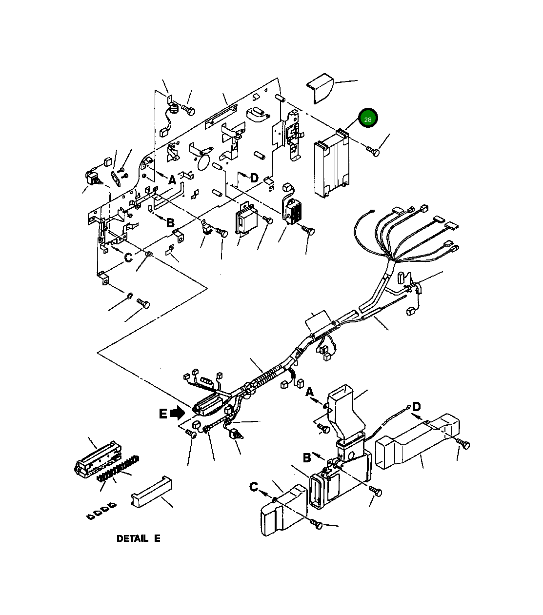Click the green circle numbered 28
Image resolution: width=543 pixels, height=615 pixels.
coord(368,118)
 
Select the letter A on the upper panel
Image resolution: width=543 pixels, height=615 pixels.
coord(172,180)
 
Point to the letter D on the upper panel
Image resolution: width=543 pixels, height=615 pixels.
coord(254,178)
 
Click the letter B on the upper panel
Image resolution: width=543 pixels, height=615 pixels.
coord(170,223)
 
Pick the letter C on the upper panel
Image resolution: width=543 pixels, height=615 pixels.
coord(128,258)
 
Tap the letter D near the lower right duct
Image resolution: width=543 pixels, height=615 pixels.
coord(416,406)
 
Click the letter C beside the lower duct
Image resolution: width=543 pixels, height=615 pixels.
coord(254,487)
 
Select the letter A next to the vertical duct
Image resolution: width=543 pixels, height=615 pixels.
coord(309,392)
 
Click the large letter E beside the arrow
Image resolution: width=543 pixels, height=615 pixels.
coord(163,414)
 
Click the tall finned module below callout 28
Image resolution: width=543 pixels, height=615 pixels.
coord(331,164)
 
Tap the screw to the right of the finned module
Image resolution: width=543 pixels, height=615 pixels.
coord(373,151)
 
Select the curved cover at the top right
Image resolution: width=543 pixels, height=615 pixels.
coord(321,88)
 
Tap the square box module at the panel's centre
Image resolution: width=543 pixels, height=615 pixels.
coord(246,219)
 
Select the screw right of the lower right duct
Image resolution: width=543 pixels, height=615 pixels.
coord(464,444)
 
